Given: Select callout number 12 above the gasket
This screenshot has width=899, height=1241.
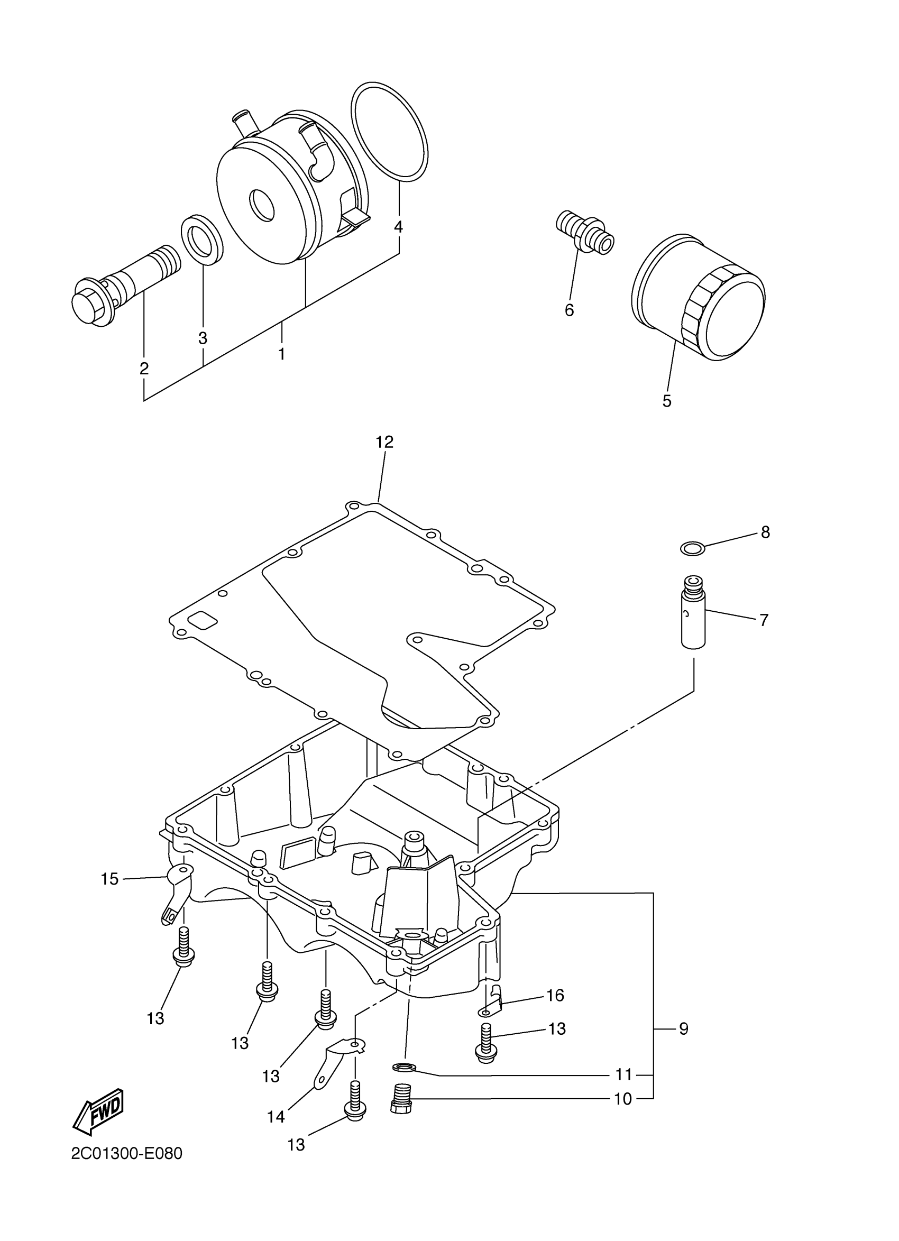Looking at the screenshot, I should (384, 442).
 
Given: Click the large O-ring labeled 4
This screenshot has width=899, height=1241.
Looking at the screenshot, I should (389, 131).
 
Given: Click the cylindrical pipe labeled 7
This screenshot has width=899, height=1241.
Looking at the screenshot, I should (693, 618).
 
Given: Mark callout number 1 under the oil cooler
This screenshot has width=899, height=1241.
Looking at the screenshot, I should (281, 354).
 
